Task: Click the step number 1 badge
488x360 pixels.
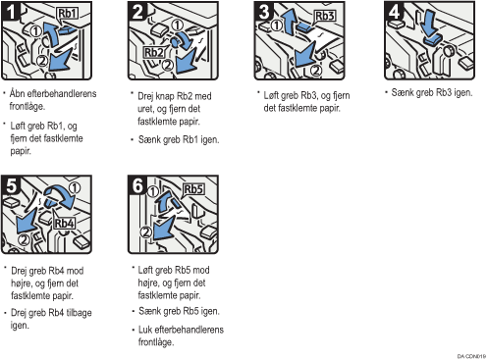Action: click(x=11, y=12)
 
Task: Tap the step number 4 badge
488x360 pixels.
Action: click(x=394, y=12)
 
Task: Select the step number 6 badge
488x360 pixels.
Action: click(x=137, y=185)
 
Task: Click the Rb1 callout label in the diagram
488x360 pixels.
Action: click(x=67, y=14)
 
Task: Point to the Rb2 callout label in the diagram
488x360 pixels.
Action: click(x=153, y=52)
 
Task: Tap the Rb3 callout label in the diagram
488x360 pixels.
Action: click(x=324, y=16)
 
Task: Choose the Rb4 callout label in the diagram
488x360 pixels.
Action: click(x=64, y=224)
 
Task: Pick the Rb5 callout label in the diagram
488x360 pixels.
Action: click(x=193, y=189)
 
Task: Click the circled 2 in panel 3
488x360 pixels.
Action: click(x=315, y=70)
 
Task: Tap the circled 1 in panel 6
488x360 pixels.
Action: click(x=152, y=191)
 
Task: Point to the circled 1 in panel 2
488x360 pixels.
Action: click(x=177, y=25)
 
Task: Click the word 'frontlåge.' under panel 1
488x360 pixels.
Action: click(x=27, y=106)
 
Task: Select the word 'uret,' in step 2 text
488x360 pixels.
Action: click(x=145, y=109)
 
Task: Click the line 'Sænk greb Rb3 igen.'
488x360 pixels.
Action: click(x=432, y=92)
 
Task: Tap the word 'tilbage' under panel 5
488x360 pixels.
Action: click(x=79, y=313)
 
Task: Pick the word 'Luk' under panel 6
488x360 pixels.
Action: click(x=145, y=330)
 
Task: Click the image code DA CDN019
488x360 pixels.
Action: click(x=471, y=356)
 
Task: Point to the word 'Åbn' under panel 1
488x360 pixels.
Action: click(x=18, y=93)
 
